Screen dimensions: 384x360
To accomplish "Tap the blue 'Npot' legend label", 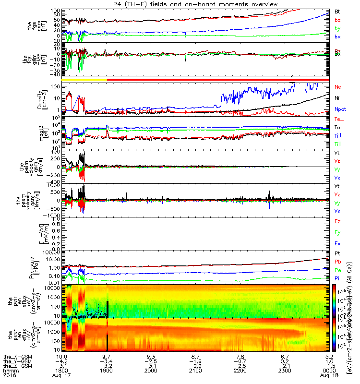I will point(339,109).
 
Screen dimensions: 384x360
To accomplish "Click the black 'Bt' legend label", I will point(337,11).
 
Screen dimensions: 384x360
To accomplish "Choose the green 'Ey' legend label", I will point(337,233).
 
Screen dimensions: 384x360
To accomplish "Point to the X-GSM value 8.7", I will point(195,357).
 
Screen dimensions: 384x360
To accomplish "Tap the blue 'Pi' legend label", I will point(337,278).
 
